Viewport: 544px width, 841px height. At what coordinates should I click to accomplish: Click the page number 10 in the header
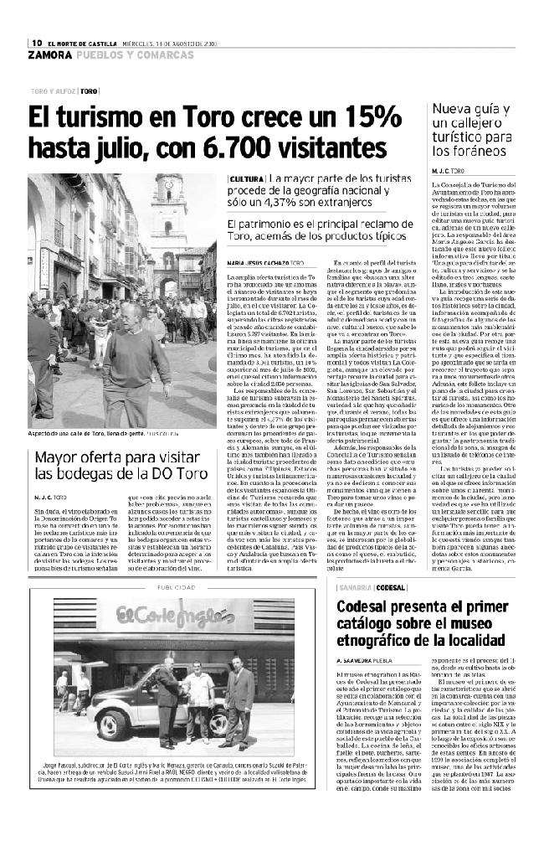(x=38, y=43)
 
